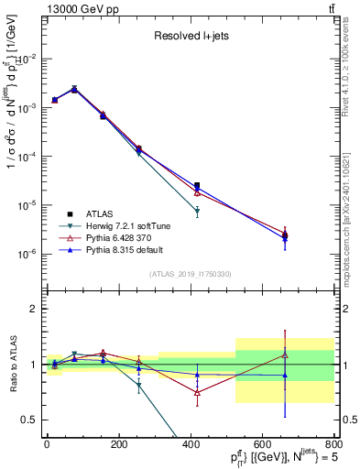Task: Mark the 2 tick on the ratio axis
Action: point(35,309)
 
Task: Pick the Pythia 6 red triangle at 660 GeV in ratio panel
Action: point(285,355)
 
